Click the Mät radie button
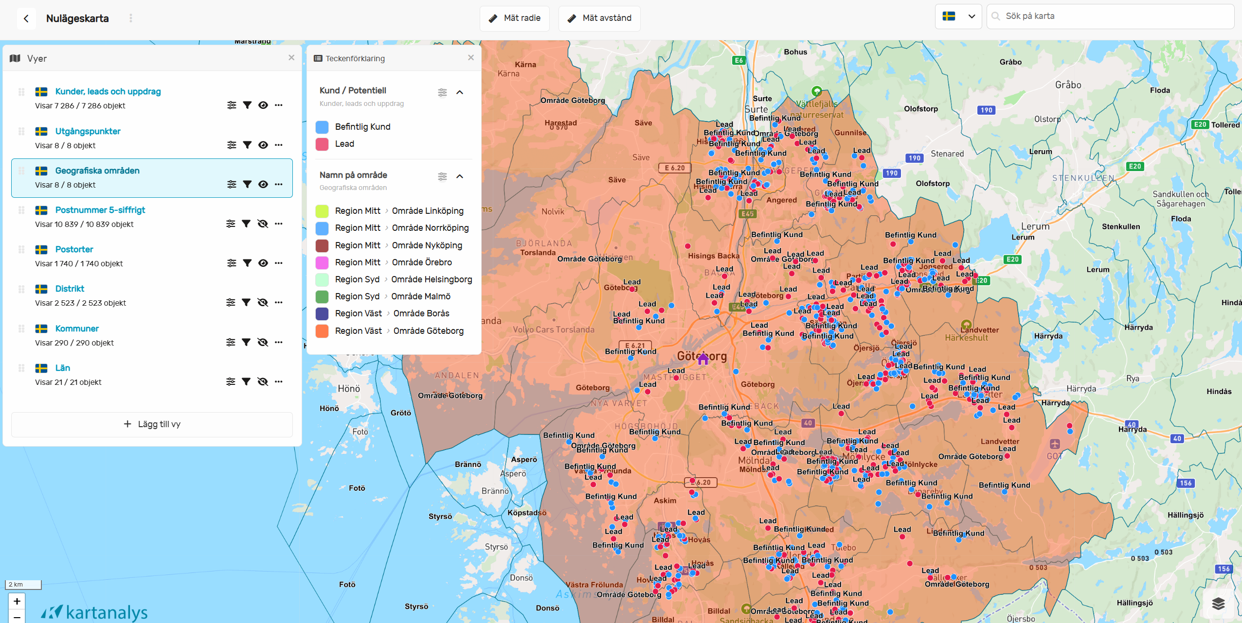coord(515,18)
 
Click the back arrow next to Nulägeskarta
coord(26,18)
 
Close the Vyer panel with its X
coord(291,57)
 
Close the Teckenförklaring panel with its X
coord(470,57)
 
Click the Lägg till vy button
coord(152,424)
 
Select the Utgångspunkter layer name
coord(88,131)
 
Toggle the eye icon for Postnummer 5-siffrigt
coord(263,224)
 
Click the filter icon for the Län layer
coord(246,381)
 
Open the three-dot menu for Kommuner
coord(278,342)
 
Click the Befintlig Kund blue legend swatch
coord(322,127)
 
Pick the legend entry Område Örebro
coord(422,262)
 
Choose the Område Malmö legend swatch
coord(322,296)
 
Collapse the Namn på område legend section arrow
coord(460,176)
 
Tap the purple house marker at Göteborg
coord(703,359)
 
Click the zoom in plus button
coord(17,601)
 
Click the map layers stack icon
coord(1218,603)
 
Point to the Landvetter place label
coord(979,330)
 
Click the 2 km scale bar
coord(23,585)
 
